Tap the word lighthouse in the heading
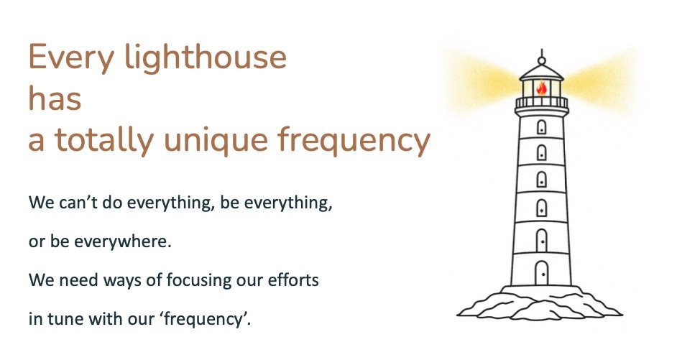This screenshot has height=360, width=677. tap(206, 57)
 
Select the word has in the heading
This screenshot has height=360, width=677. tap(55, 98)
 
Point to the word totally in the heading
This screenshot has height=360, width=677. tap(104, 140)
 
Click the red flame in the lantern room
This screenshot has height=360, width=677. tap(541, 88)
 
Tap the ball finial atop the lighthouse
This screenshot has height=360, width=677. tap(541, 60)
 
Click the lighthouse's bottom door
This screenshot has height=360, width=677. tap(541, 273)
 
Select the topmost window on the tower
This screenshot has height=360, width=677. tap(541, 127)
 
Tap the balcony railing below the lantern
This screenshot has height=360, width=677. tap(541, 103)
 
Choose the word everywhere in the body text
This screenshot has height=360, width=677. tap(123, 241)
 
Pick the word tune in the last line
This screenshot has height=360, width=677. tap(65, 319)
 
